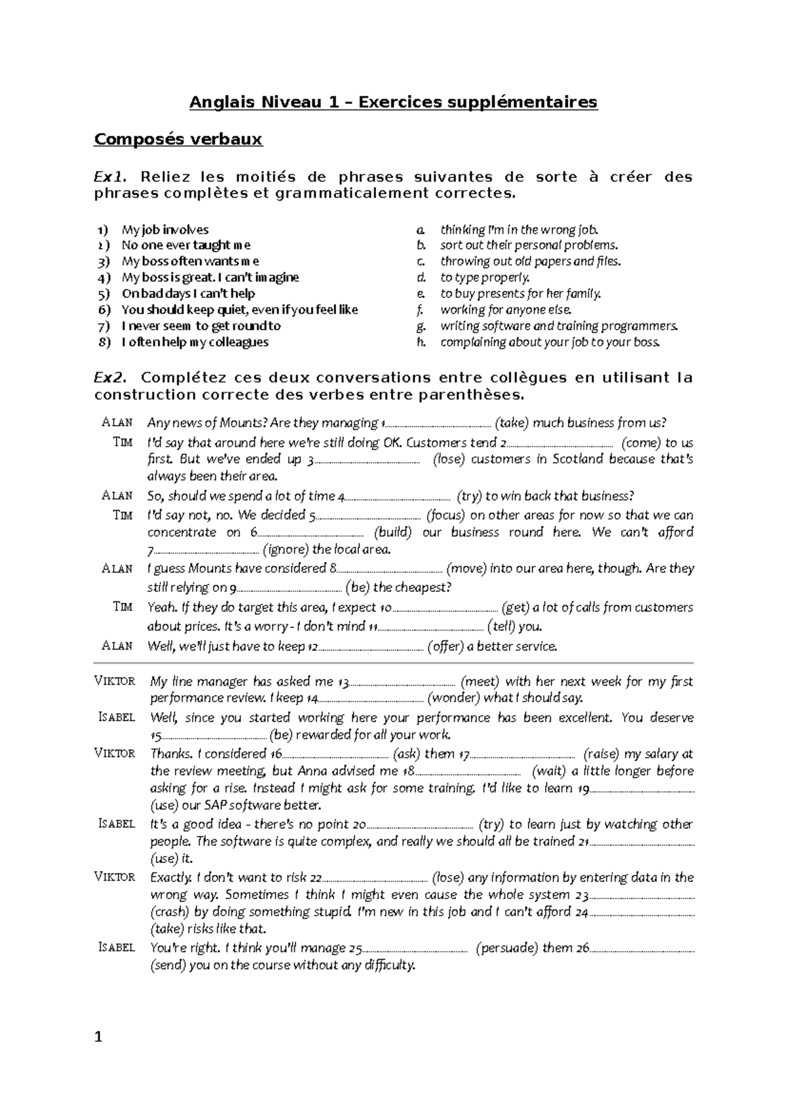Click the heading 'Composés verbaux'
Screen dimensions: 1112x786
[x=178, y=139]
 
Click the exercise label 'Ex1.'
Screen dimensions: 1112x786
[x=108, y=177]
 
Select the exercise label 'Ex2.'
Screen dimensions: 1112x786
[x=108, y=378]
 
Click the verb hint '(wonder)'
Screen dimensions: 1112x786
[x=453, y=698]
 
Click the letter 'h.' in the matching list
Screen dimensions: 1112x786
[x=422, y=342]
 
